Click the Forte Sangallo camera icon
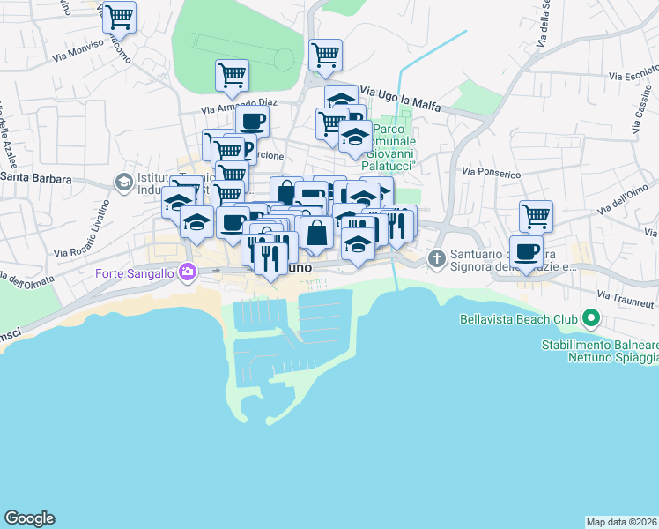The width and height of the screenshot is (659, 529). pos(186,272)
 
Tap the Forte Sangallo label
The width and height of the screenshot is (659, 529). pos(135,272)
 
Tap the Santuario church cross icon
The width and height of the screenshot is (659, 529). pos(435,258)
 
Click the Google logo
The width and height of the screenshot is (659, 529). pos(29,518)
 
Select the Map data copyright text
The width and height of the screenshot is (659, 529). pos(621,522)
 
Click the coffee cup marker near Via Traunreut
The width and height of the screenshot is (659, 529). pos(526,252)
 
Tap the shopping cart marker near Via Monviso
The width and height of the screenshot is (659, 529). pos(119,16)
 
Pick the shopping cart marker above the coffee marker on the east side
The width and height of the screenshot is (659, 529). pos(536,214)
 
